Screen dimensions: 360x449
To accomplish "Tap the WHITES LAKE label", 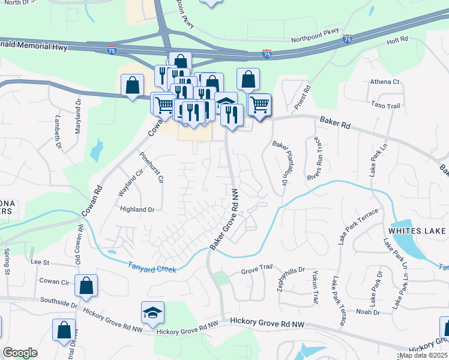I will (x=417, y=231).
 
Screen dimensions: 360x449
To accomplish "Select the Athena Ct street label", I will (x=385, y=82).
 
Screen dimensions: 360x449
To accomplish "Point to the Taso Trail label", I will (x=385, y=106).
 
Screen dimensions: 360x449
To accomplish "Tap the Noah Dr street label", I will (x=368, y=312).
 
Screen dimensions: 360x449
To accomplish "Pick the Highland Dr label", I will (x=137, y=209).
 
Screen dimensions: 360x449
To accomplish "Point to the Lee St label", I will (x=39, y=262).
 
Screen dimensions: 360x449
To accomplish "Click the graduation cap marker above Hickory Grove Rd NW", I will (x=152, y=312).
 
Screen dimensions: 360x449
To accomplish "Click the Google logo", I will (x=20, y=353).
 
